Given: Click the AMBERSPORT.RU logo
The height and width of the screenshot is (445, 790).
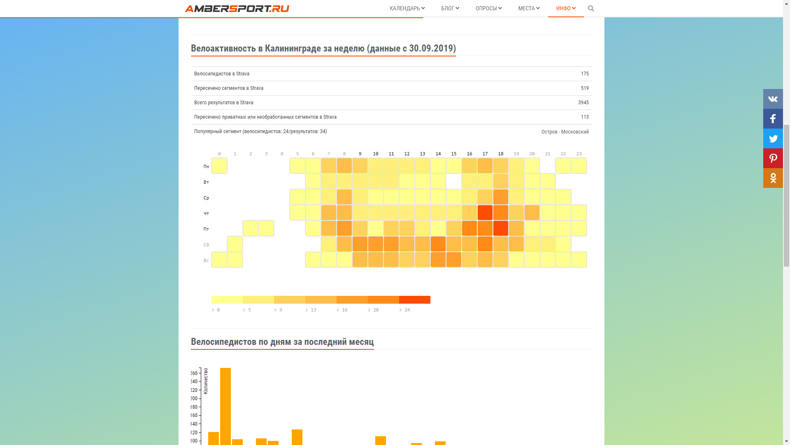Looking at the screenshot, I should tap(237, 9).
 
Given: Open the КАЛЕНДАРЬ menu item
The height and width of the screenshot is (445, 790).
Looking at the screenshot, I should tap(407, 8).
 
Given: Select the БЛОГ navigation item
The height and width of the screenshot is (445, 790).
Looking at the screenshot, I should tap(450, 8).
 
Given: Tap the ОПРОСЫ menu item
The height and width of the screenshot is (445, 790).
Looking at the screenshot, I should tap(488, 8).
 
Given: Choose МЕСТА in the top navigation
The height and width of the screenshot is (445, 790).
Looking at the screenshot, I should tap(529, 8).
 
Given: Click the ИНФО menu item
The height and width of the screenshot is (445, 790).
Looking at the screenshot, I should tap(566, 8).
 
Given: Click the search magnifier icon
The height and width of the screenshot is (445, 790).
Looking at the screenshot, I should tap(591, 8).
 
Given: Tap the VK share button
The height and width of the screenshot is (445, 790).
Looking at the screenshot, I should tap(773, 99).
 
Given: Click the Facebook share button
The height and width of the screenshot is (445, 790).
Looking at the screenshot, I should tap(773, 119).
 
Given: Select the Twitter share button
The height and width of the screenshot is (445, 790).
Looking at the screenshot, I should tap(773, 138).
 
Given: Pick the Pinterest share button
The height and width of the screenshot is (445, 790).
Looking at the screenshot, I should tap(773, 158).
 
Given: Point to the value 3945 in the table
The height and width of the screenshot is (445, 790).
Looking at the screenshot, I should tap(583, 103).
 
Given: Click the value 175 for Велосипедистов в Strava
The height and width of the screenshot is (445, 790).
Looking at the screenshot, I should tap(585, 74).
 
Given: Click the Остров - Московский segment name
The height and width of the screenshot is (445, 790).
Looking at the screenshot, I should tap(565, 132).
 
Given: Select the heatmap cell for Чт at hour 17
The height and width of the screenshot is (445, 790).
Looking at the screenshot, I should tap(485, 213).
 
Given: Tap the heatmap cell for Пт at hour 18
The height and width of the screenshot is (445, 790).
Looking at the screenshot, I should tap(501, 228).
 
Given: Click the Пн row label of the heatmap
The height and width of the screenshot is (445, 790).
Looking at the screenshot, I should tap(206, 166).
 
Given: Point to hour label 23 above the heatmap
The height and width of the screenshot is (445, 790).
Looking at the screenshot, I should tap(579, 154).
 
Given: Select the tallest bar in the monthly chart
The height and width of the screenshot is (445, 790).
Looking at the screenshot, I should tap(225, 406).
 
